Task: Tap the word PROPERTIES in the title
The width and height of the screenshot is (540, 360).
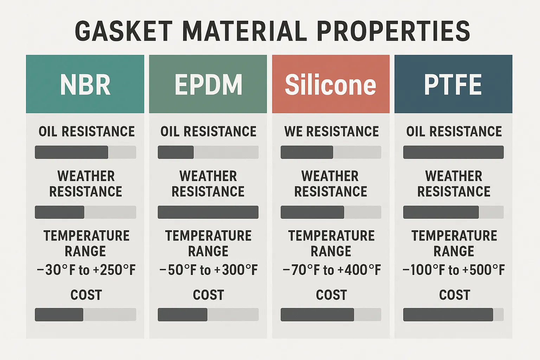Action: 393,31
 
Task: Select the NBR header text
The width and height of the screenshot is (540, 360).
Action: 85,85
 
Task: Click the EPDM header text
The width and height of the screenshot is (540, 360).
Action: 208,85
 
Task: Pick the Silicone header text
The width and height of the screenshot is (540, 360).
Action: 330,85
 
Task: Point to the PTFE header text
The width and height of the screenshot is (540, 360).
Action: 453,85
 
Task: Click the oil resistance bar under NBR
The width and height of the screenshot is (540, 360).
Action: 85,152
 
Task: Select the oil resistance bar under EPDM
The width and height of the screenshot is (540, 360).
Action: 208,152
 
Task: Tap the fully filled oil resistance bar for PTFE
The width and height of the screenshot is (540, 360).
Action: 454,152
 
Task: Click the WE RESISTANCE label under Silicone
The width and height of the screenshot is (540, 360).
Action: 332,131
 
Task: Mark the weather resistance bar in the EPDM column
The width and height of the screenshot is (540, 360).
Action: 208,212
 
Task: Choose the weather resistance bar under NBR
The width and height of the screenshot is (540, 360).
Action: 85,212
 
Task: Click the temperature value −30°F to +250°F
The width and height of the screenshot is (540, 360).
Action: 86,270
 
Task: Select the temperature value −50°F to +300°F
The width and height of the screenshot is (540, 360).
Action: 208,270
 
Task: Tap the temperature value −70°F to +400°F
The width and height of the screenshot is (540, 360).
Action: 332,270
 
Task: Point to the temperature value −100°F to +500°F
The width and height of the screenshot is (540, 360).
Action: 454,270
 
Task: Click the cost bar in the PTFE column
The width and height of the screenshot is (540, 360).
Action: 454,314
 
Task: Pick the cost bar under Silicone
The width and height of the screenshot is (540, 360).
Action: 331,314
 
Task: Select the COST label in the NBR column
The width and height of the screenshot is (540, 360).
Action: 86,295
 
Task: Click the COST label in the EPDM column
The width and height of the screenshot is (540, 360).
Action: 208,295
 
